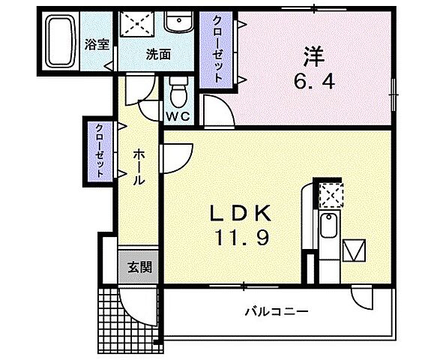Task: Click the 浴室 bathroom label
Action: pos(98,44)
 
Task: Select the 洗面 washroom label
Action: pos(157,54)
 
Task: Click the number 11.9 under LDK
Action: pos(240,238)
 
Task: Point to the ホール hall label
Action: pos(139,169)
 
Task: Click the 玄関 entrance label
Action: pos(139,266)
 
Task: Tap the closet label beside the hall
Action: pos(99,151)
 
